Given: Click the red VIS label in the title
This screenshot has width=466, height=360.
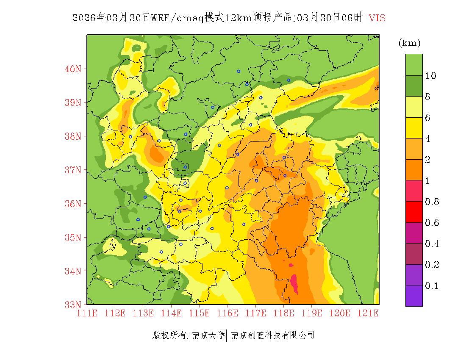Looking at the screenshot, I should [x=377, y=18].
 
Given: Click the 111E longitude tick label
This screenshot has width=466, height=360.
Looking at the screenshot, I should [x=87, y=313].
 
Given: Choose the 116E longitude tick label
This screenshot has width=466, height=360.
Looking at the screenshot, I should [x=227, y=313].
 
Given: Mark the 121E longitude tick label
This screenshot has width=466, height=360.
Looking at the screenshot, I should [x=368, y=313].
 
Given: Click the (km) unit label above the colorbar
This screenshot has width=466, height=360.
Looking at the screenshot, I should [x=409, y=43].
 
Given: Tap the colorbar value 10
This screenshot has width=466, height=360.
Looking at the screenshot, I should [x=431, y=76].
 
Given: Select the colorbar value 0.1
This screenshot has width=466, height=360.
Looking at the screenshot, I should [x=432, y=286].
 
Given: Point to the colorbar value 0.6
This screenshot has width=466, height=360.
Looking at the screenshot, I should [x=432, y=223].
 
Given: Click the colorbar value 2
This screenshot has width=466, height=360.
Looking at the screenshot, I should [x=428, y=160].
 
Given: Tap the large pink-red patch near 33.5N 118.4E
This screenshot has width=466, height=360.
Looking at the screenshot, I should [x=294, y=282].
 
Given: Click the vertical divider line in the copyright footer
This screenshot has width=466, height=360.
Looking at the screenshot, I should [x=227, y=335].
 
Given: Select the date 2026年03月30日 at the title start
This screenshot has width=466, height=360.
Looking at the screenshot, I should [x=111, y=18].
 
